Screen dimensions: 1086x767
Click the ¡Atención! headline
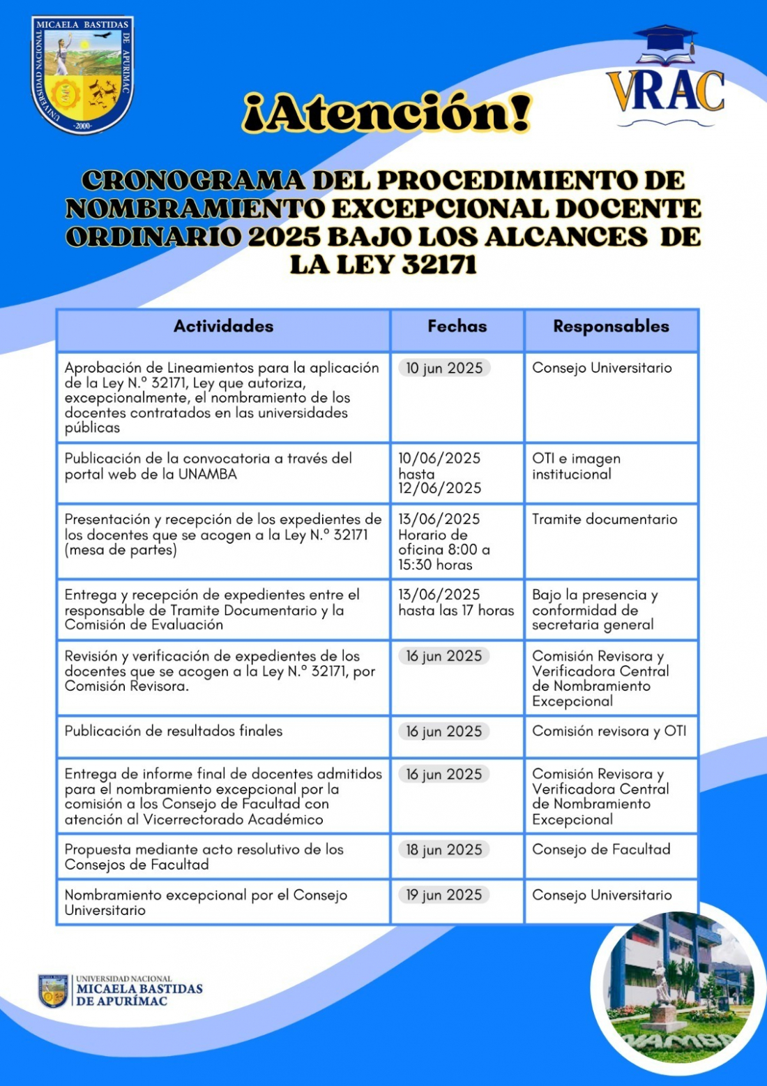click(x=387, y=113)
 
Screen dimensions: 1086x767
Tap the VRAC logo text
click(x=665, y=91)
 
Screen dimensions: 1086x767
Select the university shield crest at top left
click(x=82, y=75)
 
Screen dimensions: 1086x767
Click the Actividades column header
click(x=223, y=327)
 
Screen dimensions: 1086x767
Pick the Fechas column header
click(x=457, y=327)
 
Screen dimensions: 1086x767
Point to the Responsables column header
click(x=611, y=327)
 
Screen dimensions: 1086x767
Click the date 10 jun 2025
click(x=444, y=369)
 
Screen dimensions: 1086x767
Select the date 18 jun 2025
click(x=444, y=850)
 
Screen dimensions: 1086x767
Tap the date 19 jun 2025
click(x=444, y=895)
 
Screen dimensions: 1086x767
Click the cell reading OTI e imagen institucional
click(x=576, y=466)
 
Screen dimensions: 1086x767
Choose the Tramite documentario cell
click(x=605, y=519)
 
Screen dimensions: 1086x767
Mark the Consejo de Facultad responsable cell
click(x=601, y=849)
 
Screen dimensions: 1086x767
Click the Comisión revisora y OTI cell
click(x=609, y=731)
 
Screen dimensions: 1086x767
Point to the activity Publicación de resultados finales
click(x=174, y=731)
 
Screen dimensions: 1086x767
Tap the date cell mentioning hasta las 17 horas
click(x=456, y=603)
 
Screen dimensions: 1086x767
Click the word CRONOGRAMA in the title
click(x=192, y=181)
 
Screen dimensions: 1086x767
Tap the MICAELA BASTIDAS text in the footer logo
click(x=139, y=989)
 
